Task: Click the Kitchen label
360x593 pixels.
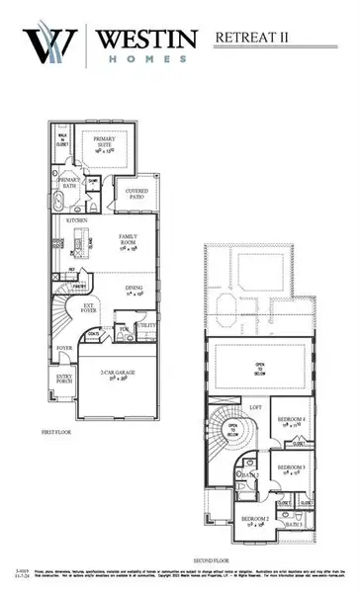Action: [77, 221]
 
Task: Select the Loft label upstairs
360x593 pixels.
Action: [255, 406]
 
